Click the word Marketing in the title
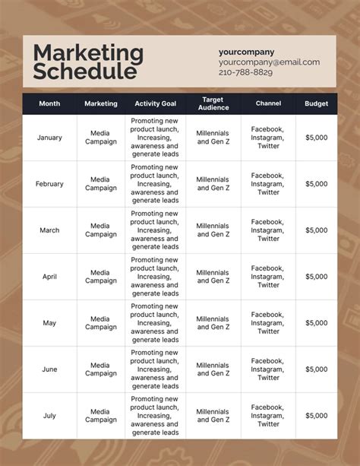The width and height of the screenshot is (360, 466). coord(88,53)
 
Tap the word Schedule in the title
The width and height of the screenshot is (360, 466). coord(85,72)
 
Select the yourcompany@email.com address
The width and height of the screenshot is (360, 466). coord(269,62)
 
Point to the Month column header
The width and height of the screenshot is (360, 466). coord(49,103)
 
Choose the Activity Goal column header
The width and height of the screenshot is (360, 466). coord(155,103)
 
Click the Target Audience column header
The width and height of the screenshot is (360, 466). coord(213,103)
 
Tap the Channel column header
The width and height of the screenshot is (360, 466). coord(268,103)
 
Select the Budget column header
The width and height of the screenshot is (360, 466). coord(317,103)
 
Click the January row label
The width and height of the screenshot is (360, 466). coord(49,138)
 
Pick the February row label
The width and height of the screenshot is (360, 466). coord(49,184)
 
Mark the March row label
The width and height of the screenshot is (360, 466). coord(49,230)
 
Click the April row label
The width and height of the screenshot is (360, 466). coord(49,277)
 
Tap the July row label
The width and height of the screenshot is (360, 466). coord(49,416)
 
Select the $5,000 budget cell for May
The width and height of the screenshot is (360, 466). coord(317,323)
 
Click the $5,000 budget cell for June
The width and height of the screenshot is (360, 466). coord(317,369)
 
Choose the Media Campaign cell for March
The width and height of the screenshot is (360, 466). coord(100,230)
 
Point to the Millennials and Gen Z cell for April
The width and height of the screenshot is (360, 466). coord(213,277)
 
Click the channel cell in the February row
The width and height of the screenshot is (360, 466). coord(268,184)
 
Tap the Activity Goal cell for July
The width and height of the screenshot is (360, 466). coord(155,416)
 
